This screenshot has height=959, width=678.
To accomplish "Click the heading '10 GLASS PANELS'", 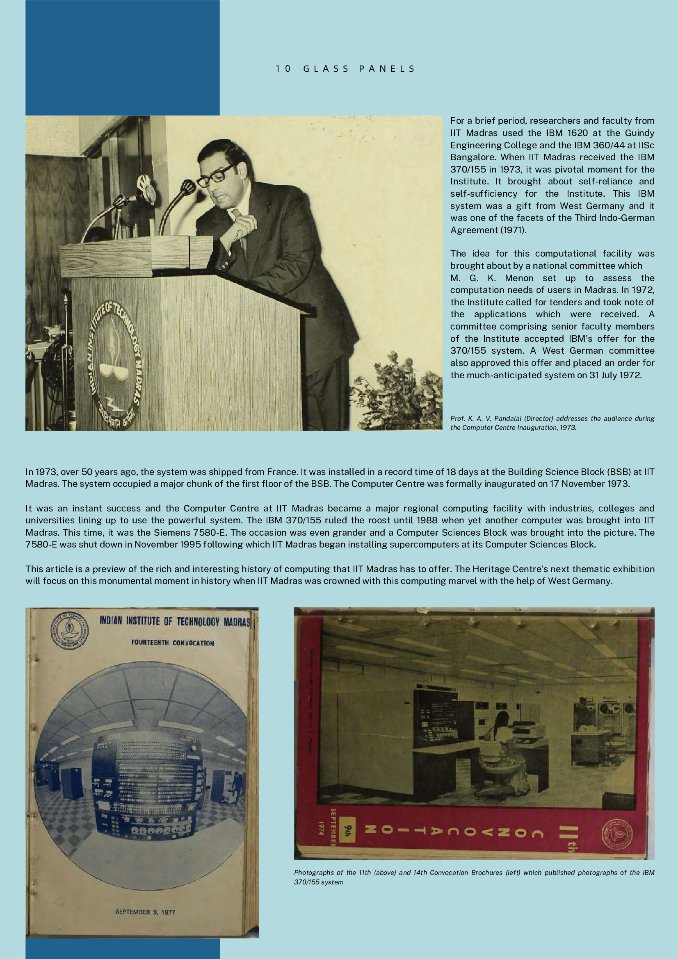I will (x=345, y=69).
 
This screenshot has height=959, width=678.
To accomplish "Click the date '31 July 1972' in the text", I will (x=615, y=375).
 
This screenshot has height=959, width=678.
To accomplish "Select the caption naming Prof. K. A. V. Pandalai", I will (x=552, y=423).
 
